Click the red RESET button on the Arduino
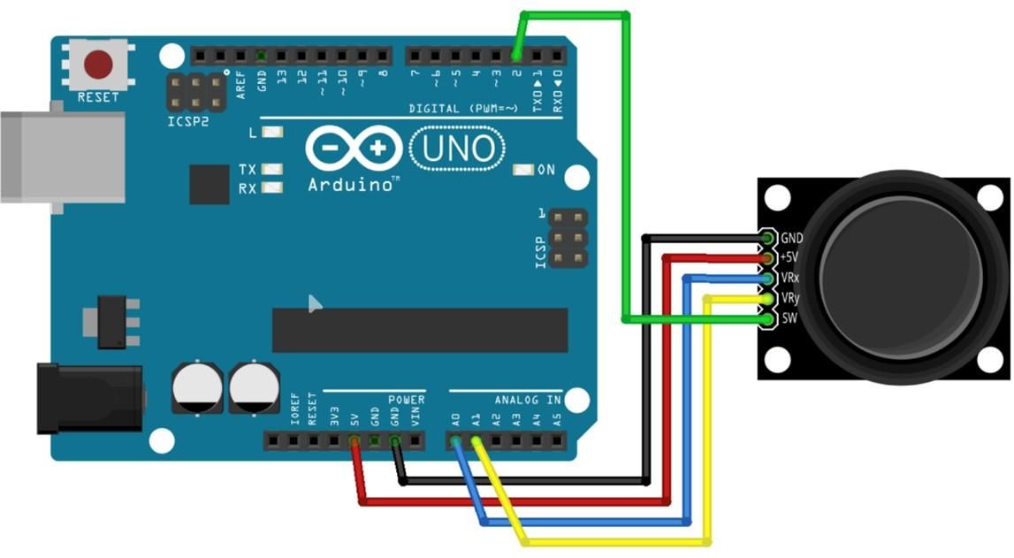coord(97,65)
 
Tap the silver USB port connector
coord(62,157)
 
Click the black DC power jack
coord(89,398)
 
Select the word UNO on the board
coord(458,149)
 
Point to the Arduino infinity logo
coord(354,149)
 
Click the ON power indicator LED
coord(522,170)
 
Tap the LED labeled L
coord(272,132)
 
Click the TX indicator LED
coord(272,169)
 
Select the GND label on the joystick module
coord(791,238)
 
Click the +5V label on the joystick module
coord(789,257)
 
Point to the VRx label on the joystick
coord(790,278)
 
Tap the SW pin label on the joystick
coord(789,318)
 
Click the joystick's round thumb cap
coord(901,278)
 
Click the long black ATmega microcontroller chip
coord(420,330)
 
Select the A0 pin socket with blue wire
coord(455,441)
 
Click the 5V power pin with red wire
coord(354,441)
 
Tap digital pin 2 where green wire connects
coord(516,57)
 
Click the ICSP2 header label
coord(188,121)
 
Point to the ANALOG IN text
coord(528,401)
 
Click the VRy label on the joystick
coord(790,298)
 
